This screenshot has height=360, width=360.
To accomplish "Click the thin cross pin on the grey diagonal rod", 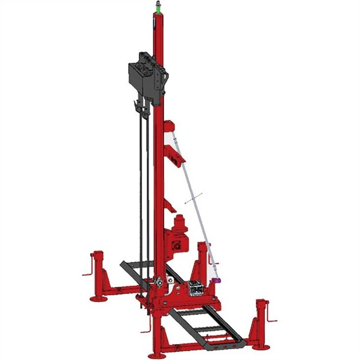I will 194,199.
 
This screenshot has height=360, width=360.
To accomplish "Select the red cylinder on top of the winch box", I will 180,222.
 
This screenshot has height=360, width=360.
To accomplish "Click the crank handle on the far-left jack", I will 87,271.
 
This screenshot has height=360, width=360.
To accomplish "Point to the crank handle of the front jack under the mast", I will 145,328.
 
